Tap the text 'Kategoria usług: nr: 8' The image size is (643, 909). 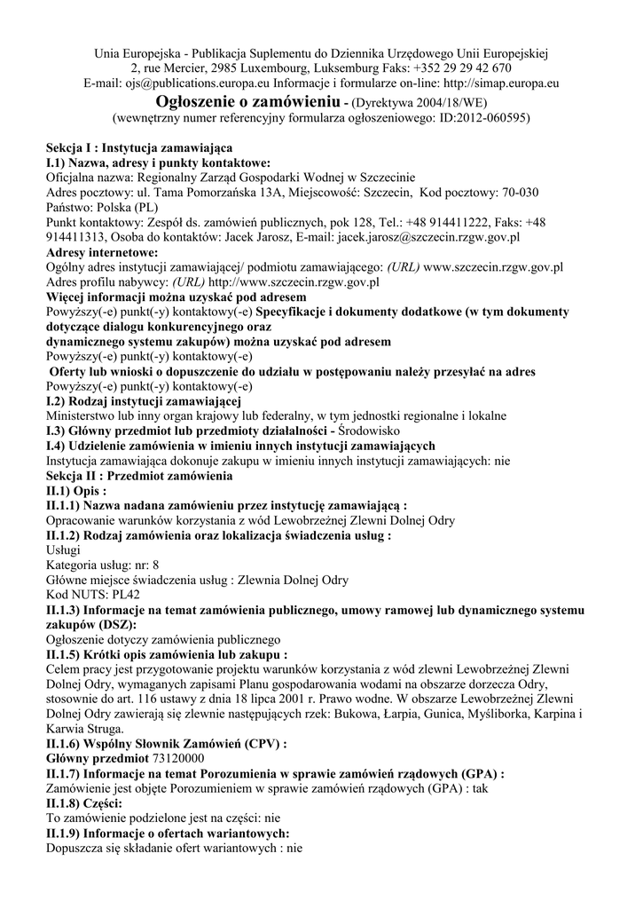pyautogui.click(x=102, y=565)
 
